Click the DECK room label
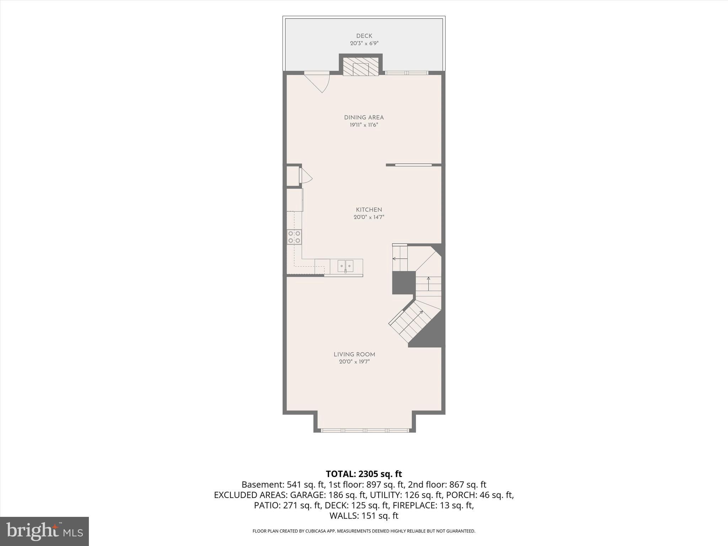[x=364, y=36]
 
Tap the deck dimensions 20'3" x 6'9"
[x=364, y=43]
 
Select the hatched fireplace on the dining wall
[x=361, y=67]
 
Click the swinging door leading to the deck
[x=317, y=82]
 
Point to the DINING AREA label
[x=364, y=117]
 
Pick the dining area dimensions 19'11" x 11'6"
[x=364, y=125]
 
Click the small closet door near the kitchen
[x=306, y=176]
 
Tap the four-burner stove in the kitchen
[x=294, y=237]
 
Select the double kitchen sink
[x=346, y=266]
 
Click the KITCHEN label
[x=369, y=210]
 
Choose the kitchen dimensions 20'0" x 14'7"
[x=369, y=217]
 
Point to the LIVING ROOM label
[x=354, y=354]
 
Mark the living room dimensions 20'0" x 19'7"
[x=354, y=362]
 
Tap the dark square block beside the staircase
[x=404, y=283]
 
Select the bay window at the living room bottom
[x=365, y=430]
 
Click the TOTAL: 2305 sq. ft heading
[x=364, y=474]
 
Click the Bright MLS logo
[x=44, y=531]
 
